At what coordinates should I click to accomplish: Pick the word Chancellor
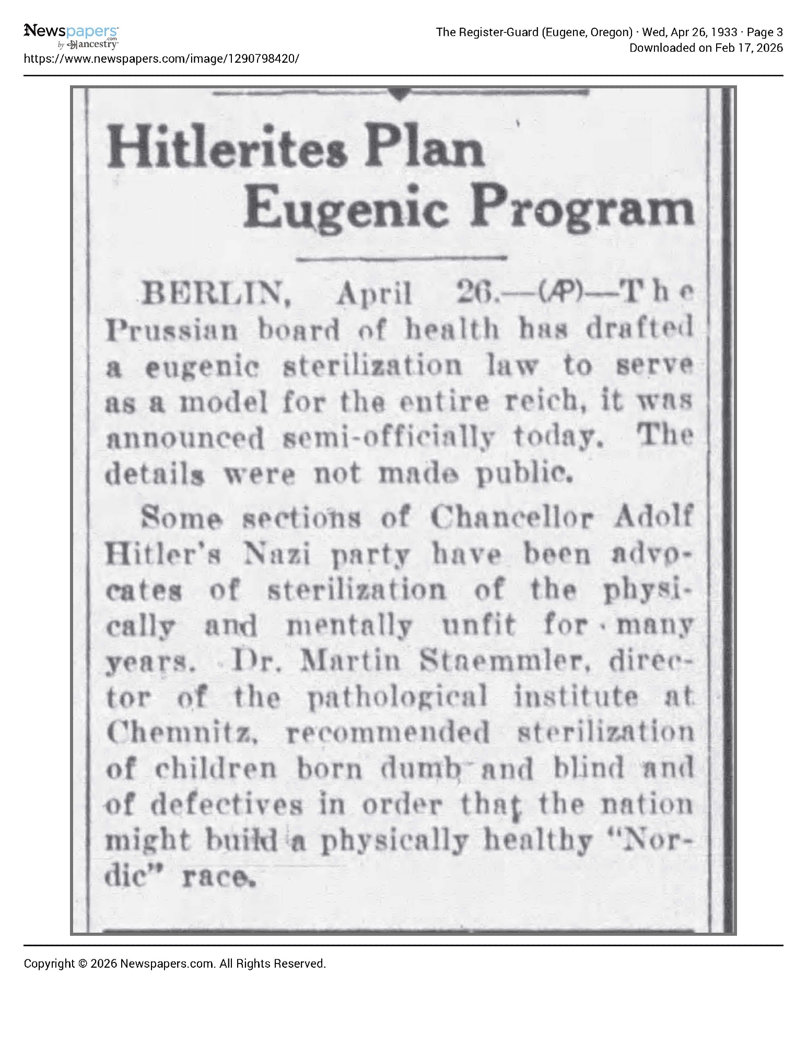coord(511,518)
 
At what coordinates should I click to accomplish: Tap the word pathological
coord(396,698)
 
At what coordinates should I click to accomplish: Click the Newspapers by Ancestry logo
coord(71,37)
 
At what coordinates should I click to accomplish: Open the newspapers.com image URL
coord(162,59)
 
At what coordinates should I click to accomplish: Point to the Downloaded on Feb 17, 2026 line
coord(706,48)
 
